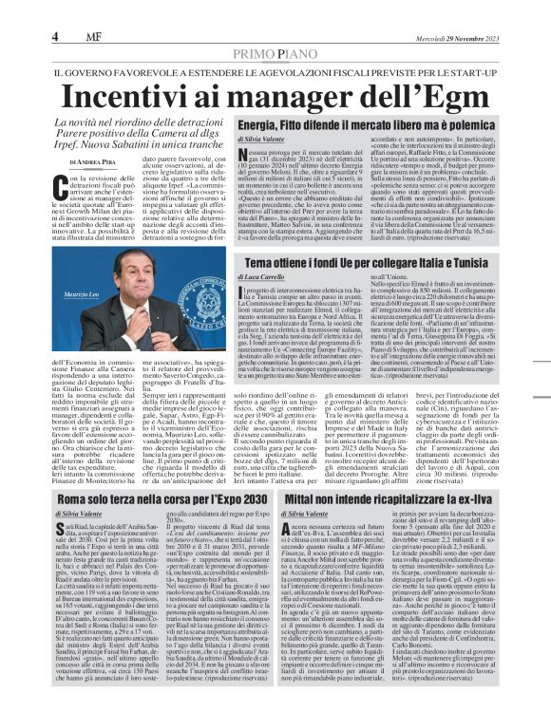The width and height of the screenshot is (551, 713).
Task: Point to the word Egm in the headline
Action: (447, 98)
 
